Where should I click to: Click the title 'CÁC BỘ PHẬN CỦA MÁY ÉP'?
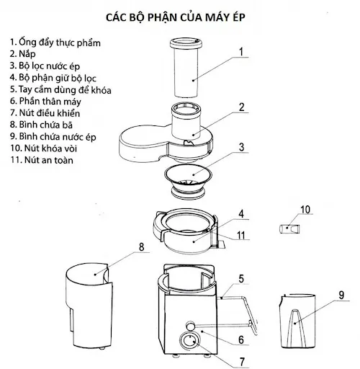click(180, 15)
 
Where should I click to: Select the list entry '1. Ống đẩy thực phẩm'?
click(55, 43)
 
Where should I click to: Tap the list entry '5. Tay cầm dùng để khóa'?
click(60, 89)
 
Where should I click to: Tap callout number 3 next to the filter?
click(243, 148)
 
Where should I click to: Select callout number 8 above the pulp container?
click(141, 246)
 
